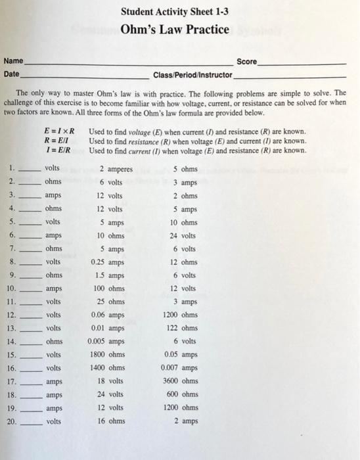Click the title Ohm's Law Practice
[x=175, y=30]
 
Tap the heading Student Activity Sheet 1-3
[x=175, y=11]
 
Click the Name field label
[x=12, y=61]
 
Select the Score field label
[x=246, y=61]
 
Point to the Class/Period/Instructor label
[x=192, y=74]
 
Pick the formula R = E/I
[x=59, y=141]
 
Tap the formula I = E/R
[x=59, y=150]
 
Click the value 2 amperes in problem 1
[x=116, y=169]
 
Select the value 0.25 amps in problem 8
[x=106, y=263]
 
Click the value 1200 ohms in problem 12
[x=179, y=315]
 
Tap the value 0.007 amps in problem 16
[x=179, y=368]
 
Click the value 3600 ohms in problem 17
[x=179, y=381]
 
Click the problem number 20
[x=11, y=421]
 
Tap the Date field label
[x=11, y=74]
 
